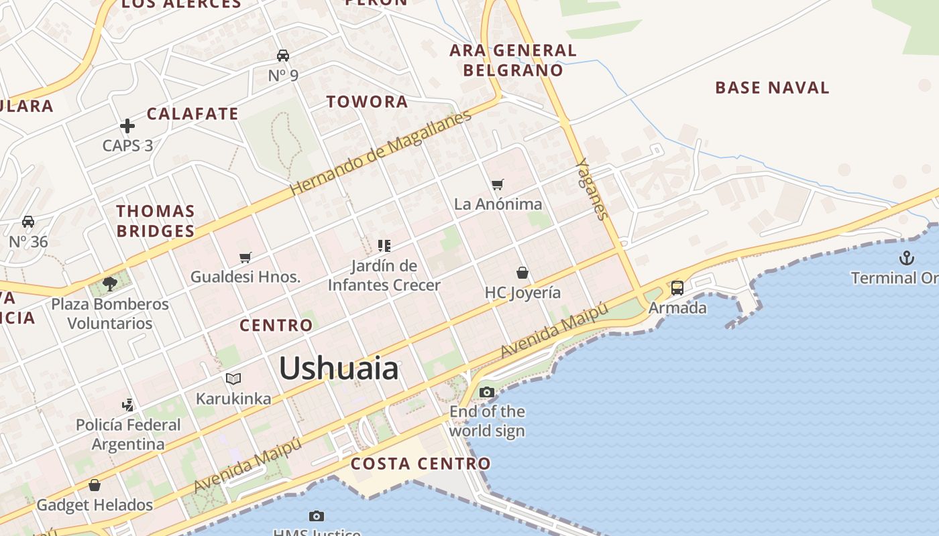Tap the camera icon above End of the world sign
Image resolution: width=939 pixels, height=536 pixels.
tap(487, 392)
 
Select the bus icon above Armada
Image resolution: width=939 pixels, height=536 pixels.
tap(677, 288)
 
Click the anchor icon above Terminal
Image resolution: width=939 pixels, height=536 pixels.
tap(907, 258)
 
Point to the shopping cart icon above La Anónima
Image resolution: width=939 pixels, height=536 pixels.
tap(497, 184)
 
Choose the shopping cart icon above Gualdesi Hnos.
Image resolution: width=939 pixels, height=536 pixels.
tap(245, 257)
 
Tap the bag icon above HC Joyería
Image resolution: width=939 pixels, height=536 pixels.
tap(522, 273)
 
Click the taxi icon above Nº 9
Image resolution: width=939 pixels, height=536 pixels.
tap(283, 55)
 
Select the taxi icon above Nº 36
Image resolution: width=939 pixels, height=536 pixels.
tap(28, 221)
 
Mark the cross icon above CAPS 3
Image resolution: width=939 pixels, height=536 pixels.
tap(127, 125)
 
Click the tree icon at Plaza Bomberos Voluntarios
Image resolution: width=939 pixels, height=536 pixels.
tap(110, 284)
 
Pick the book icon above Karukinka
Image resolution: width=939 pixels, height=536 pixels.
tap(233, 379)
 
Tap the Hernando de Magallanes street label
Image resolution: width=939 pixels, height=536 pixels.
tap(381, 153)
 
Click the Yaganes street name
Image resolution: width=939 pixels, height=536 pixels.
tap(592, 189)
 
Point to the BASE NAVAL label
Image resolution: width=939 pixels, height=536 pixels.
tap(772, 88)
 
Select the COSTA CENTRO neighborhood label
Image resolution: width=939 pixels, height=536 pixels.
tap(421, 464)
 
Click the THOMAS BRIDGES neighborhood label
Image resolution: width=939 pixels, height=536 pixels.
tap(156, 221)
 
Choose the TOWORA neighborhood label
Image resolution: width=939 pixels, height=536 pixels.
tap(367, 102)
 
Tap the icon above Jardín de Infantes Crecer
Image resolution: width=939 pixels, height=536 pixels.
tap(384, 245)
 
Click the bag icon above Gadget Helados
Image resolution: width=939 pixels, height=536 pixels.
tap(95, 485)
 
